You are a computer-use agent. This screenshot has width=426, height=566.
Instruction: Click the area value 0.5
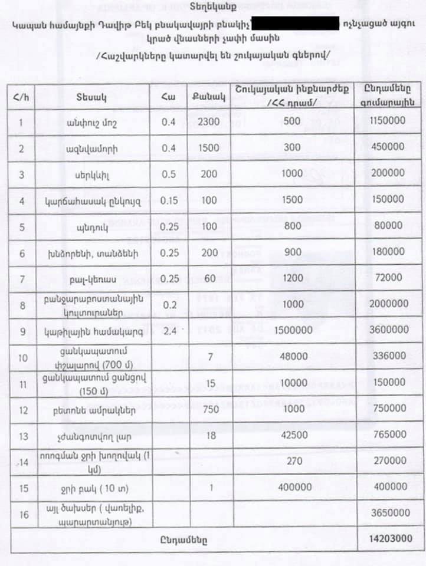coord(169,175)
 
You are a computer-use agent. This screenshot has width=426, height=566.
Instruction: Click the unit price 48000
coord(292,356)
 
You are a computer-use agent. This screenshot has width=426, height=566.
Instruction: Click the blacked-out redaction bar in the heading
coord(295,24)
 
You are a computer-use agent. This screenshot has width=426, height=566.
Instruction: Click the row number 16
coord(24,514)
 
